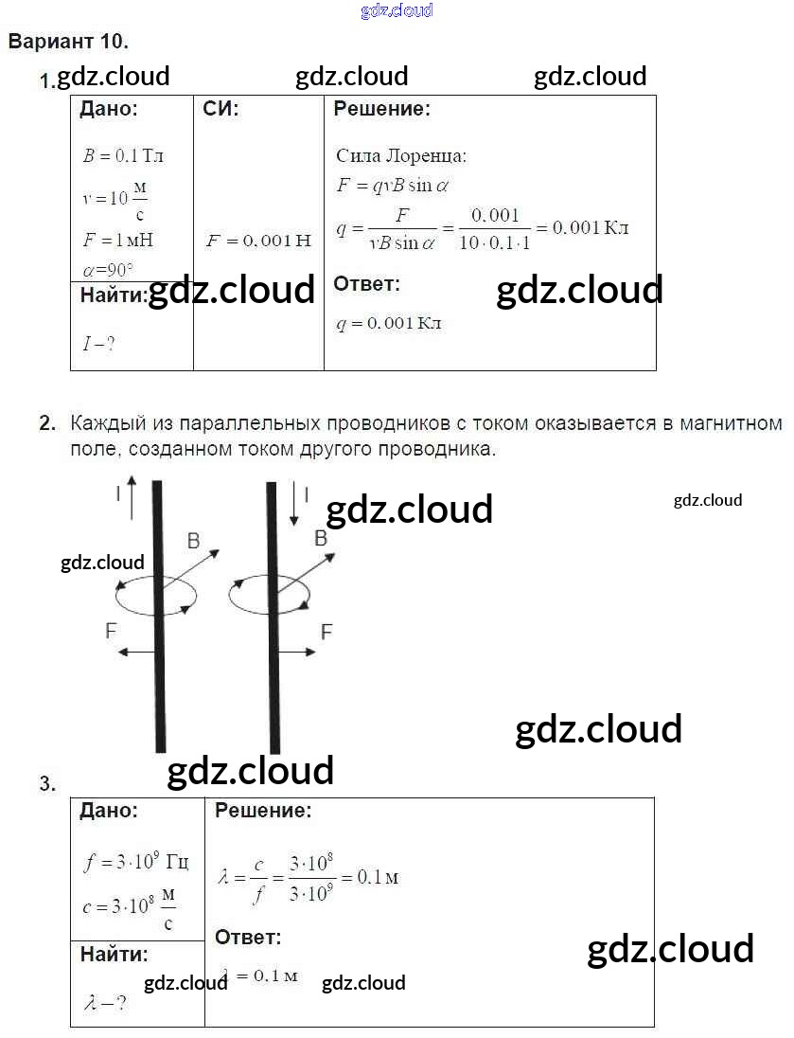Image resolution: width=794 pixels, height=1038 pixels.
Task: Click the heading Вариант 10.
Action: [67, 42]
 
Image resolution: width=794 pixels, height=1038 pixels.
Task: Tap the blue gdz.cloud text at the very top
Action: [397, 10]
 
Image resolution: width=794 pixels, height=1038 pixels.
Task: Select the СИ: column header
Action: [221, 109]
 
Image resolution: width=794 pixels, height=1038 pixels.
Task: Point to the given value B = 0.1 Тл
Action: [123, 156]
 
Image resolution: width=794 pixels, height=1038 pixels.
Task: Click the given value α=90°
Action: [108, 269]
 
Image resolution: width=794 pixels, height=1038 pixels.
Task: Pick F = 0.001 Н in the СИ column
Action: [258, 241]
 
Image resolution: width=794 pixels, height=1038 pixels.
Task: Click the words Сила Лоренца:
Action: [401, 156]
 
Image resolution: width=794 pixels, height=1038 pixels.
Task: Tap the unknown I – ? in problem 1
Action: [98, 343]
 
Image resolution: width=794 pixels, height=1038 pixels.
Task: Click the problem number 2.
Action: [48, 423]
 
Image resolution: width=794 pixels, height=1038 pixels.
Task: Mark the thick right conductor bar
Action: [273, 616]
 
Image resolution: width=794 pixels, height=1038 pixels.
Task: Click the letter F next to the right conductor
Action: [326, 632]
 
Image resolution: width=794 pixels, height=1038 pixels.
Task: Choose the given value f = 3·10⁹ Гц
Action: [136, 862]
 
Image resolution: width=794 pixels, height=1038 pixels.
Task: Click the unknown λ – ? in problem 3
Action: [104, 1001]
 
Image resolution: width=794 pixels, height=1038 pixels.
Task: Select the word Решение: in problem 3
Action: [263, 811]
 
